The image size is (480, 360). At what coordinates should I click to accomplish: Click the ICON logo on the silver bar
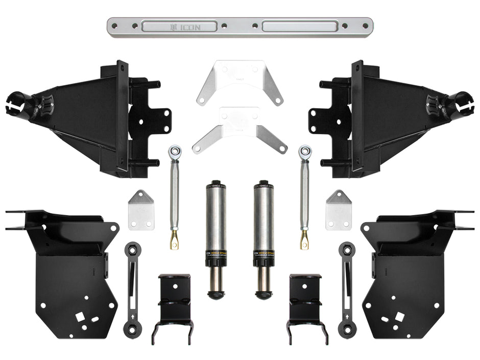186,27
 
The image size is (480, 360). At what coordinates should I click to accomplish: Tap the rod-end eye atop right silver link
305,151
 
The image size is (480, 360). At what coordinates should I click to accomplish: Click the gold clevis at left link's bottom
175,239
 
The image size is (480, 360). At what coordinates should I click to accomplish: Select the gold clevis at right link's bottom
304,239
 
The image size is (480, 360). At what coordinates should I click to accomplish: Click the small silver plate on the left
141,210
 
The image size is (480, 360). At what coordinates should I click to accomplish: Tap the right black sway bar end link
348,289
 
